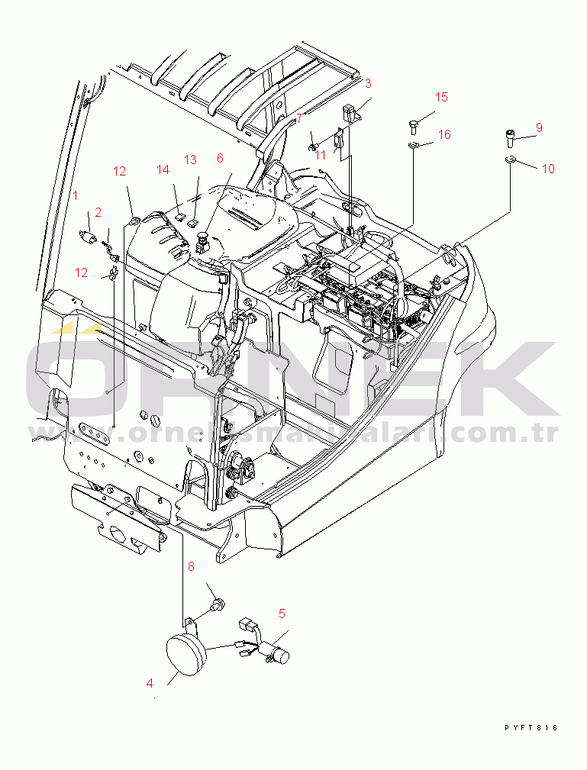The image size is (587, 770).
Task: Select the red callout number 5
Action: [x=282, y=613]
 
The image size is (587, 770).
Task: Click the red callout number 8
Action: [x=192, y=565]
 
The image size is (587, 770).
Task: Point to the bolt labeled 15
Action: [x=413, y=126]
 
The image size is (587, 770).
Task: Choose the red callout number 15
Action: [x=442, y=97]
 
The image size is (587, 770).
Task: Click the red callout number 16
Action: [x=444, y=134]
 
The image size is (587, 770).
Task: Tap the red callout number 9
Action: [x=539, y=127]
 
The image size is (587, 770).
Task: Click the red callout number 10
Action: [x=548, y=169]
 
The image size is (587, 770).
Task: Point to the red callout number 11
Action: [x=321, y=154]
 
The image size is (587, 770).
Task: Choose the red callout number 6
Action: [x=220, y=158]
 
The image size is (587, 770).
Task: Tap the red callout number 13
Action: [x=190, y=159]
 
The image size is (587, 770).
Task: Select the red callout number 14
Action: [x=163, y=169]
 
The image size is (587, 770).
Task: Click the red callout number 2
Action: [x=98, y=211]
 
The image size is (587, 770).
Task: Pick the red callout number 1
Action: [x=75, y=195]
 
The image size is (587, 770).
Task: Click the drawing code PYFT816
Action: [x=531, y=728]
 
